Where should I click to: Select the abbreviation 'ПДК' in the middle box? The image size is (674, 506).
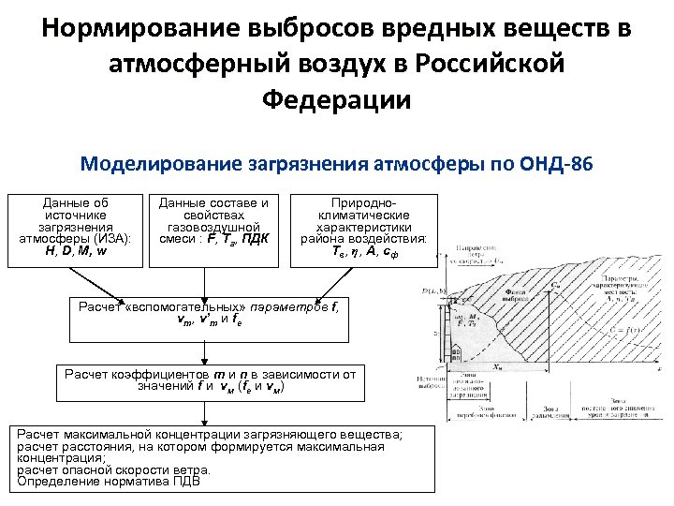click(254, 239)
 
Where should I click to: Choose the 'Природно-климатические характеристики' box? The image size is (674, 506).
click(363, 228)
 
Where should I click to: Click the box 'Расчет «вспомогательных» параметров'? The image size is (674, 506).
click(210, 313)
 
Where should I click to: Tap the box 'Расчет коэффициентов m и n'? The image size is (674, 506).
click(210, 379)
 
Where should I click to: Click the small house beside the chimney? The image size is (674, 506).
click(456, 354)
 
